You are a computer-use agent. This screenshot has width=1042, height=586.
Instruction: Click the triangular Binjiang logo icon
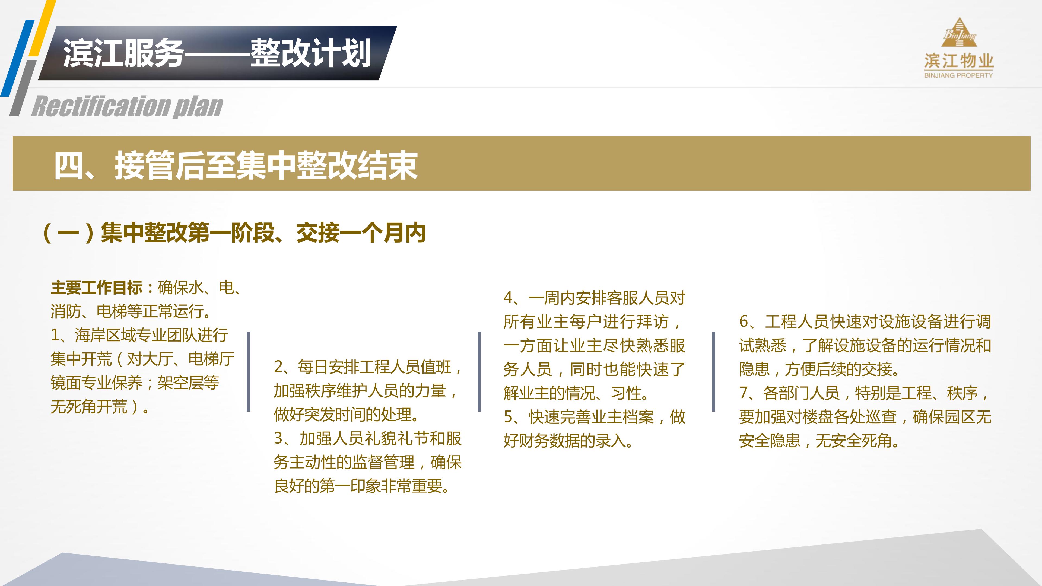pyautogui.click(x=959, y=32)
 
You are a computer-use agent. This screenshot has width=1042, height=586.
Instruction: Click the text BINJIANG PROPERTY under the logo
pyautogui.click(x=958, y=75)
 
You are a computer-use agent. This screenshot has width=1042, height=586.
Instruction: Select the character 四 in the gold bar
pyautogui.click(x=68, y=165)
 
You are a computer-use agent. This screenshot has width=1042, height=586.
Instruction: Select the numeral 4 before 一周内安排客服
pyautogui.click(x=509, y=298)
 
